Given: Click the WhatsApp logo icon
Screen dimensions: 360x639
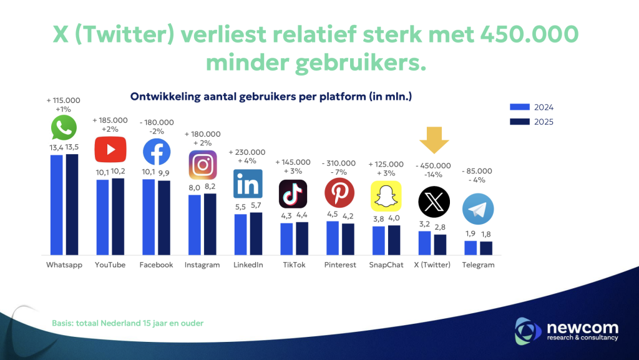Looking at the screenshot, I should click(x=64, y=127).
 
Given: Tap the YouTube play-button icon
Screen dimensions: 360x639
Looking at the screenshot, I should click(x=110, y=149).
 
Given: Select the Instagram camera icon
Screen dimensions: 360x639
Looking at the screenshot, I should click(x=202, y=165).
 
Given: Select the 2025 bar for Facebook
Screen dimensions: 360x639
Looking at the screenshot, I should click(x=163, y=218).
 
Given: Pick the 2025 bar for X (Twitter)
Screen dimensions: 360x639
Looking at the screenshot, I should click(x=441, y=245).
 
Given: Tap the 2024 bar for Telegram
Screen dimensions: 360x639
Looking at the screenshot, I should click(x=471, y=248).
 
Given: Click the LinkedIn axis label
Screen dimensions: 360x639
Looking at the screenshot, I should click(x=248, y=265).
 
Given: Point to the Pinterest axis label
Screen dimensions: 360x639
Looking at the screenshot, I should click(x=340, y=265).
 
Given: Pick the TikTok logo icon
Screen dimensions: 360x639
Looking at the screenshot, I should click(x=293, y=193).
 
